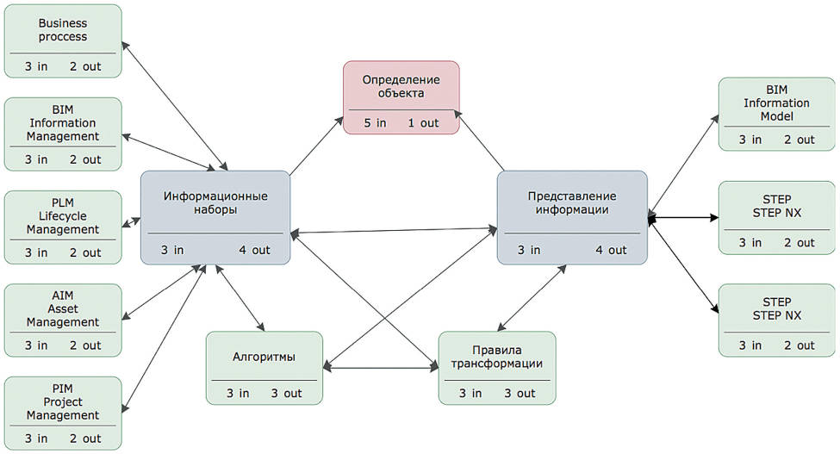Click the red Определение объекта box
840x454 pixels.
click(x=401, y=96)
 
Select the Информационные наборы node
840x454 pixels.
click(x=215, y=216)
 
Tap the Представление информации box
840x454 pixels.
click(x=571, y=216)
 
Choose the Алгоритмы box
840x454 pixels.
click(x=264, y=367)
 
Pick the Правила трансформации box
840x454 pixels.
click(x=496, y=367)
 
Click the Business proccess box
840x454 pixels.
click(x=63, y=40)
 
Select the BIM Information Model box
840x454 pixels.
click(x=777, y=115)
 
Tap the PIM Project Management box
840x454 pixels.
click(x=63, y=412)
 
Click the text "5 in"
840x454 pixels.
click(x=375, y=123)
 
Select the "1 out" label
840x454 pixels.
click(x=423, y=123)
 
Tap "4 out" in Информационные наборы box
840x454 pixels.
click(x=254, y=251)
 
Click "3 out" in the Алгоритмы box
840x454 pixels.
click(x=286, y=394)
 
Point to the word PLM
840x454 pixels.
click(x=63, y=202)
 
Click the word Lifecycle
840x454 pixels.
click(x=63, y=216)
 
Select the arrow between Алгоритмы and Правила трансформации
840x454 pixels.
click(x=381, y=369)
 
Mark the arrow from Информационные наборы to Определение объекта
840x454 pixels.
click(x=315, y=145)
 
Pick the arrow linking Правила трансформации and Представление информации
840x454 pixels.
click(x=532, y=299)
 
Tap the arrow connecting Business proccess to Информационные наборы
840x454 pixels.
click(x=176, y=105)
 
